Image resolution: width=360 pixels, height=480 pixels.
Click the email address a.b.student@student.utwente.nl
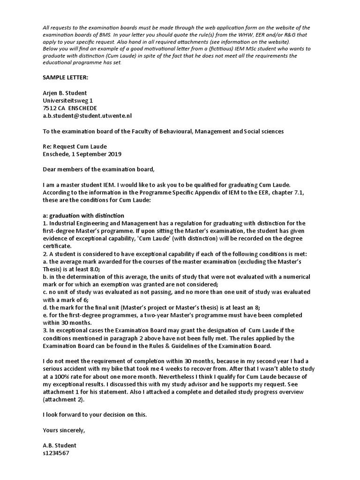pos(88,116)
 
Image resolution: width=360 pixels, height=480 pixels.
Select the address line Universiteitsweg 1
pos(67,100)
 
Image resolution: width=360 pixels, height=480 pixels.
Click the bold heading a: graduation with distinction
pos(83,215)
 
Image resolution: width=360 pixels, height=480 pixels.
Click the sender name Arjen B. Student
pos(66,93)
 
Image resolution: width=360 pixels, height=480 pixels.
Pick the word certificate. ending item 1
pos(57,246)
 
